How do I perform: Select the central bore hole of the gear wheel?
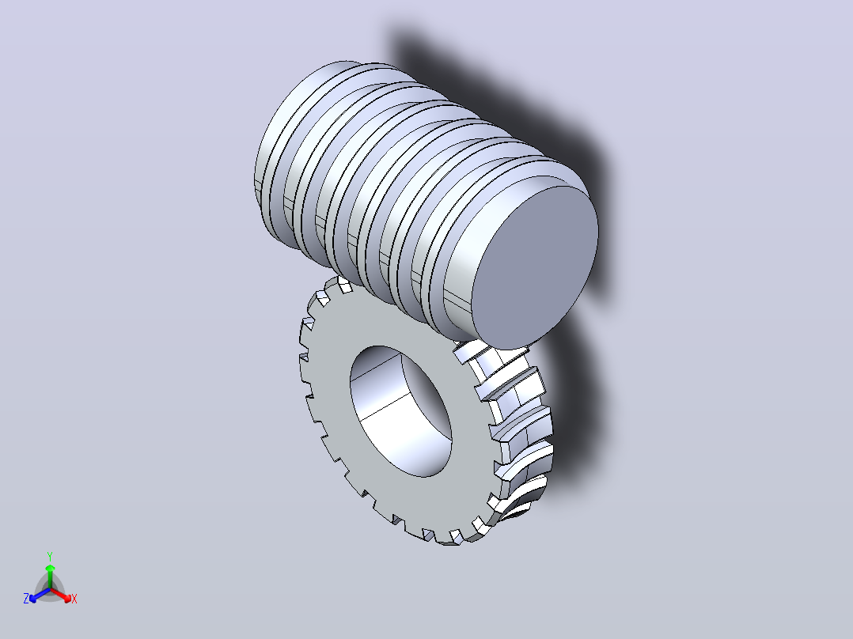(401, 412)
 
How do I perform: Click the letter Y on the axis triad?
(50, 556)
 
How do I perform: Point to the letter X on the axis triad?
(74, 599)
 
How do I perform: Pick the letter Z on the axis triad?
(26, 598)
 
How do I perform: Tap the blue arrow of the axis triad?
(40, 595)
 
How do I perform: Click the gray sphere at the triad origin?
(50, 589)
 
